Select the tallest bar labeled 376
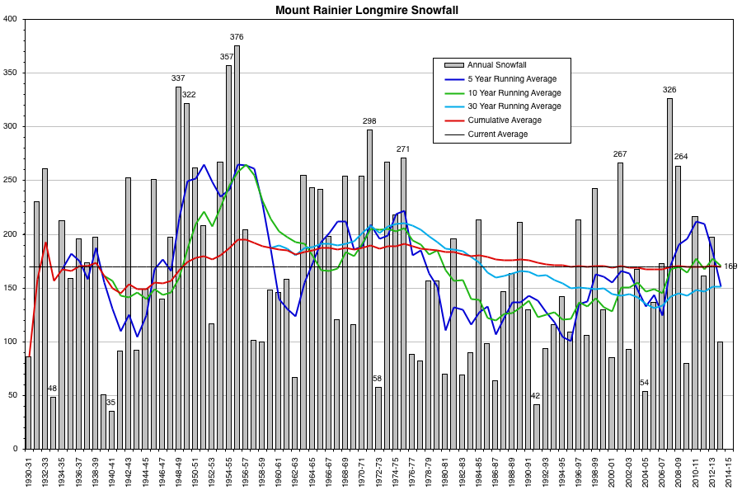pos(237,247)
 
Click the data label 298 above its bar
pos(369,121)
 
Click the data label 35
pos(111,403)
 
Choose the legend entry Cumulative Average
pos(505,120)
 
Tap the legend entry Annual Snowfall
pos(497,65)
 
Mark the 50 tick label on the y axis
pos(15,395)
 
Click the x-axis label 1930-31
pos(29,474)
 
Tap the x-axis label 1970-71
pos(362,474)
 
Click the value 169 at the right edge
pos(730,266)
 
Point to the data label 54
pos(645,382)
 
